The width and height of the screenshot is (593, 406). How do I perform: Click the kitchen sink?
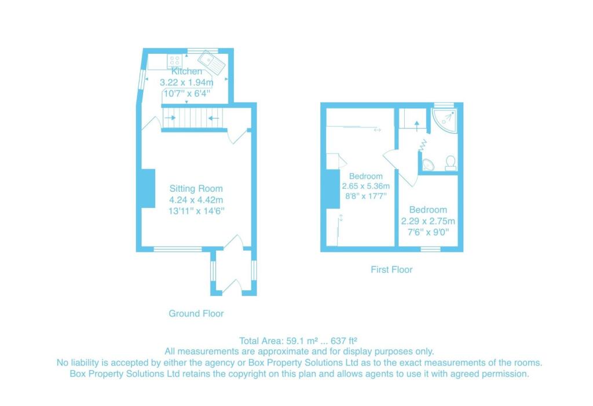point(212,62)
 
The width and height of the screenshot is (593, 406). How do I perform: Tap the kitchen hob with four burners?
point(175,61)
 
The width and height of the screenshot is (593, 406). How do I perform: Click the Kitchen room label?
point(187,71)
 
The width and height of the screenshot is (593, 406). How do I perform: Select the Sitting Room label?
point(196,188)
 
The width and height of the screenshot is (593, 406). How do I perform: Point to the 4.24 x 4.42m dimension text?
point(196,200)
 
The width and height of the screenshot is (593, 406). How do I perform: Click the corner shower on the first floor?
point(445,120)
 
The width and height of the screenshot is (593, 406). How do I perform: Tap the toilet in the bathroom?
point(451,163)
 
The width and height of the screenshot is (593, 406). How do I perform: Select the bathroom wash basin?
point(428,164)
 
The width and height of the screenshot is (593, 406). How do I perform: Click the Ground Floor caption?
point(196,313)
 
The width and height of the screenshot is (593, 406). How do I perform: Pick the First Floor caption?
point(391,269)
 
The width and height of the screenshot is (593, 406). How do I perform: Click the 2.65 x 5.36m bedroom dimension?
point(366,186)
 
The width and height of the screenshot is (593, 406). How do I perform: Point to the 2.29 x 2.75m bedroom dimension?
point(428,221)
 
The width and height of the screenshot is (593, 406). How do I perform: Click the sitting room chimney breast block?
point(148,188)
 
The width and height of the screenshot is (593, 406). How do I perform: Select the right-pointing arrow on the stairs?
point(170,118)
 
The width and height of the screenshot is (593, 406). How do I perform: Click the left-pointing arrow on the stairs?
point(214,118)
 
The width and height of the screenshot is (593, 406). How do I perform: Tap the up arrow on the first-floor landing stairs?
point(417,126)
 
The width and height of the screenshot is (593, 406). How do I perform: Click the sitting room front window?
point(178,249)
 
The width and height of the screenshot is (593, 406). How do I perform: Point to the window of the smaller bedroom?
point(431,249)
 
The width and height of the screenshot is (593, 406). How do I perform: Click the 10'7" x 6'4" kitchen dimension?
point(187,93)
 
